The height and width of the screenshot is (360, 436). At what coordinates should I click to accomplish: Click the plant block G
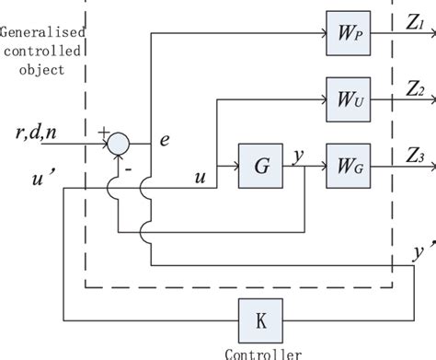[x=260, y=168]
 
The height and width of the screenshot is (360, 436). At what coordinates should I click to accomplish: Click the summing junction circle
[x=119, y=142]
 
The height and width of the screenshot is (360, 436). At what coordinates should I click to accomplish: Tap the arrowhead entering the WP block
[x=324, y=33]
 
